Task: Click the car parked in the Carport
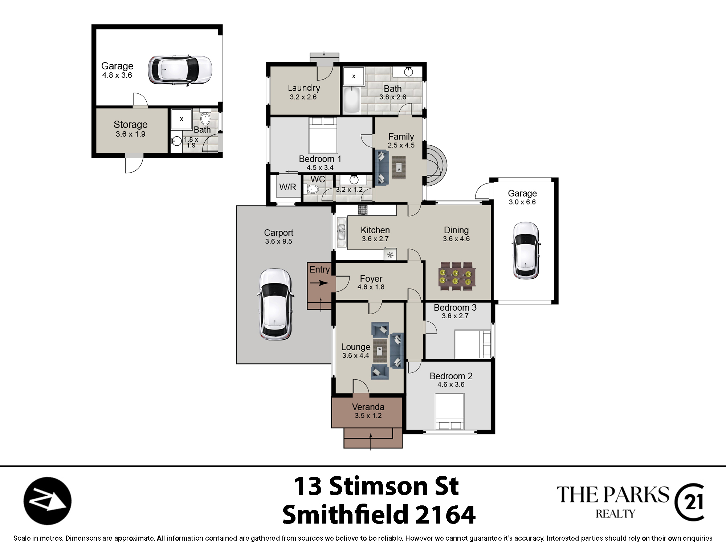[x=275, y=304]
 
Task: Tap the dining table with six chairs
[x=457, y=276]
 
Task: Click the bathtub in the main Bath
[x=351, y=100]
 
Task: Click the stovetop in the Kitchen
[x=363, y=210]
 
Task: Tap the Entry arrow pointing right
[x=319, y=283]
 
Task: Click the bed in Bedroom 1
[x=323, y=135]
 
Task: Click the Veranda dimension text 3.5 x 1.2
[x=368, y=416]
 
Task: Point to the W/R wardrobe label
[x=287, y=187]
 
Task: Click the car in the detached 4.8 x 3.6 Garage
[x=180, y=70]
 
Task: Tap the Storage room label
[x=131, y=125]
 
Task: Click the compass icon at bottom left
[x=48, y=501]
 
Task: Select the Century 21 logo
[x=689, y=502]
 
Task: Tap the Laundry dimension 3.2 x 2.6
[x=303, y=97]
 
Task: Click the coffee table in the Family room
[x=399, y=167]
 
